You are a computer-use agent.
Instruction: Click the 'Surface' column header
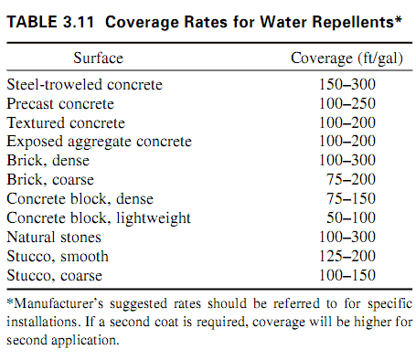98,58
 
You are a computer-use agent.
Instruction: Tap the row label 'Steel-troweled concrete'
85,84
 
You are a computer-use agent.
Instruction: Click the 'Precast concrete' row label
61,103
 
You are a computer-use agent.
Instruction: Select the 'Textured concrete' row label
66,122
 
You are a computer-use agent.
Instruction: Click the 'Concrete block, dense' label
80,199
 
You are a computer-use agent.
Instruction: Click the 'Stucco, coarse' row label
55,276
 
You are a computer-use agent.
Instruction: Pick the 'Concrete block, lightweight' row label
99,218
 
